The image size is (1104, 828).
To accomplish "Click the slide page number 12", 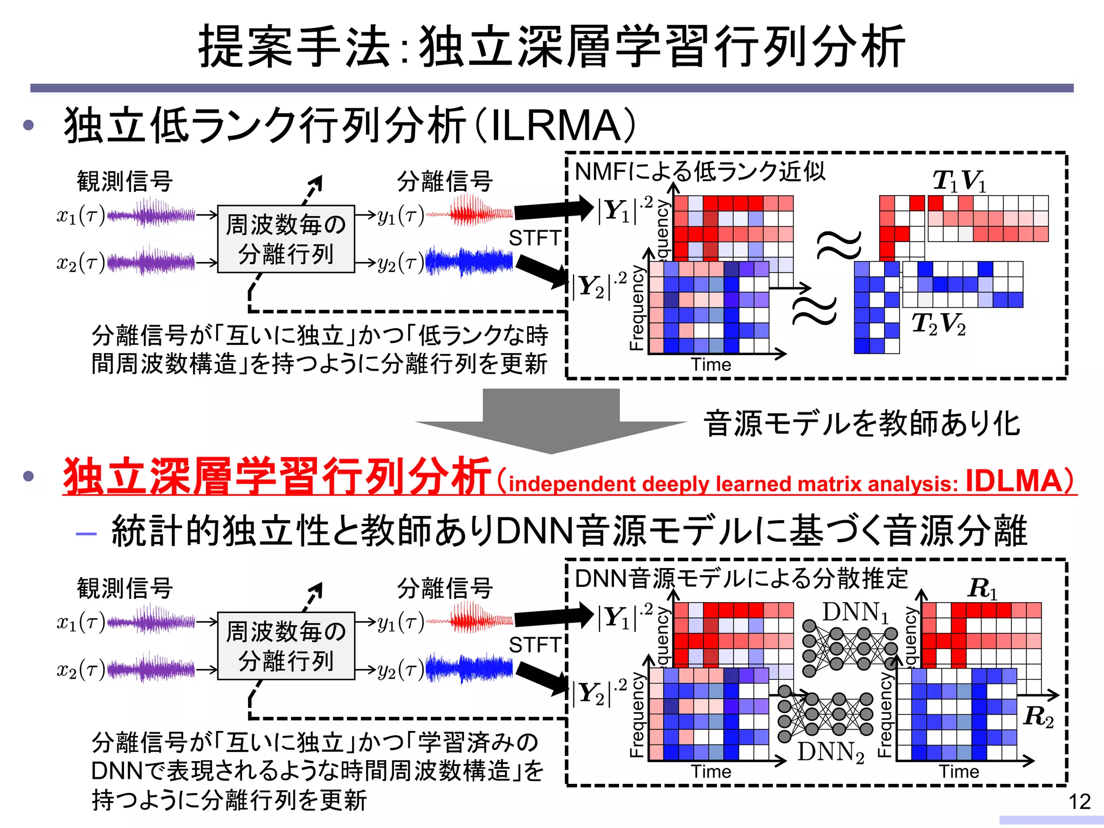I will (x=1079, y=802).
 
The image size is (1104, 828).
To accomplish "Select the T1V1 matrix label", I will (x=960, y=181).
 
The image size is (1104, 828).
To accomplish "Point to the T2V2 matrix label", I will (x=939, y=324).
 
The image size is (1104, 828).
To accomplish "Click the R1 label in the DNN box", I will (x=982, y=588).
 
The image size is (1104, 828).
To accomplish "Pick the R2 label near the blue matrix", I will (x=1038, y=717).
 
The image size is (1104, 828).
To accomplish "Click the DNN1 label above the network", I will (x=855, y=613).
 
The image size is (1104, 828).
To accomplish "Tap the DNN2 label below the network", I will (x=831, y=752).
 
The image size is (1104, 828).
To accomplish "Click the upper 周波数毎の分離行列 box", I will (x=286, y=239).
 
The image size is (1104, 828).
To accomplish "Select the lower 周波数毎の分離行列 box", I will (x=286, y=646).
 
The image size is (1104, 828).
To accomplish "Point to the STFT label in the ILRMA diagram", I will (x=535, y=238).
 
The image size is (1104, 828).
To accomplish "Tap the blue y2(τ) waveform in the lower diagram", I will (x=469, y=668).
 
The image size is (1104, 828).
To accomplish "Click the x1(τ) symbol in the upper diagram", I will (x=80, y=216).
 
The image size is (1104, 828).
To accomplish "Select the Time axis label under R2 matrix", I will (x=959, y=771).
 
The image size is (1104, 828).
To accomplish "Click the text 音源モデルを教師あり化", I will (x=861, y=423).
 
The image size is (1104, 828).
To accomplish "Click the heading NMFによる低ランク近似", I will (x=700, y=172).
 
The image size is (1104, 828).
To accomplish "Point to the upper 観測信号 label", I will (x=125, y=181).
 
